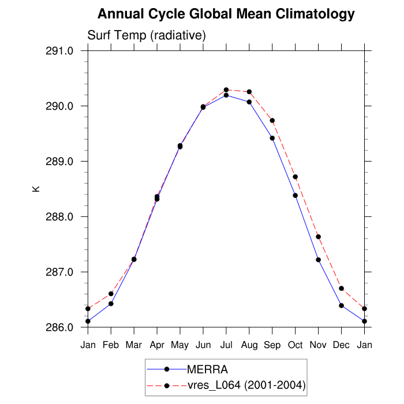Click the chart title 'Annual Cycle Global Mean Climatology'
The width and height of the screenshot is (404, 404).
[x=226, y=13]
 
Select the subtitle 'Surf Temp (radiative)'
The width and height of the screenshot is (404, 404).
[x=147, y=36]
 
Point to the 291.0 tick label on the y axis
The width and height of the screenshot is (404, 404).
[x=60, y=51]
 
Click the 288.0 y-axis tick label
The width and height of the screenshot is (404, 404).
[x=60, y=217]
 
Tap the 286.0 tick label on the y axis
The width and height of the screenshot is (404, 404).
[x=60, y=327]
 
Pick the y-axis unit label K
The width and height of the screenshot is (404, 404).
[x=36, y=189]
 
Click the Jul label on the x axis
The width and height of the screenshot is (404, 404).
[x=226, y=345]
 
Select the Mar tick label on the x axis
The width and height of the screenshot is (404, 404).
[x=134, y=345]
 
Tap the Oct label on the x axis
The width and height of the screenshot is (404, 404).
[x=295, y=345]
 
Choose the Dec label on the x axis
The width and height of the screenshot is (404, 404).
[x=342, y=345]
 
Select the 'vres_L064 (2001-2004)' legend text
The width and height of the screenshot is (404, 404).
[x=246, y=384]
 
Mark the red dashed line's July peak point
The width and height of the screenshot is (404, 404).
[x=226, y=89]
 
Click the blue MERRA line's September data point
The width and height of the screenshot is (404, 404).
[x=272, y=138]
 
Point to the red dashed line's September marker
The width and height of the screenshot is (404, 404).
[x=272, y=120]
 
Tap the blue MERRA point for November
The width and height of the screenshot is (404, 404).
[x=319, y=260]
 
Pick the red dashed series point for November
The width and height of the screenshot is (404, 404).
[x=319, y=237]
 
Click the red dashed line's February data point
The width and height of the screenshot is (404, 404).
[x=111, y=294]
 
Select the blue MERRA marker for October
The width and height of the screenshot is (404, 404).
[x=295, y=195]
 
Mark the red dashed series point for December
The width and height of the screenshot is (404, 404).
[x=342, y=289]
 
